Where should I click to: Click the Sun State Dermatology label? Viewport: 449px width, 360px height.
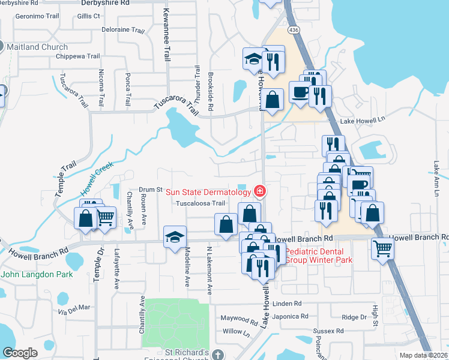[x=208, y=192]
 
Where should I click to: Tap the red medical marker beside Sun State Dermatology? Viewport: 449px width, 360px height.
[x=260, y=191]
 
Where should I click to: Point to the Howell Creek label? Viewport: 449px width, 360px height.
[x=97, y=178]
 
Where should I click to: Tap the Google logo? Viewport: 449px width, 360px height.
[x=20, y=352]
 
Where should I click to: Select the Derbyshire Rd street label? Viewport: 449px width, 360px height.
[x=104, y=3]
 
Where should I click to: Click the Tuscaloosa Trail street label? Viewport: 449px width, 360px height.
[x=200, y=203]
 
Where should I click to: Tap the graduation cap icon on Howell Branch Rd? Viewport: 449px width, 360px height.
[x=175, y=235]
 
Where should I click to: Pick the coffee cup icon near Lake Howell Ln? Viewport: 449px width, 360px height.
[x=300, y=91]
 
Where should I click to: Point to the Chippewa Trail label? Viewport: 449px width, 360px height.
[x=77, y=56]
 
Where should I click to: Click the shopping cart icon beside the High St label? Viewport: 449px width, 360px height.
[x=382, y=247]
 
